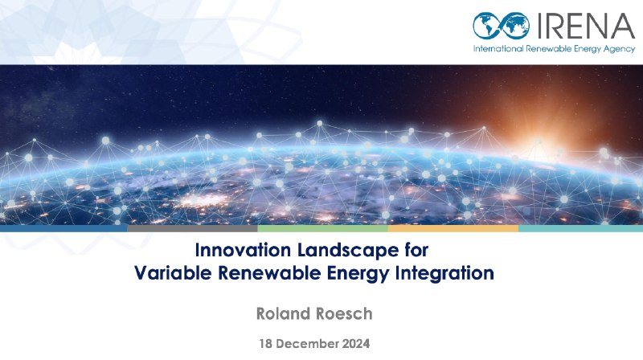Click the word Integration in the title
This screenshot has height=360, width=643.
click(x=444, y=273)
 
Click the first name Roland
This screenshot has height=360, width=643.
click(x=283, y=313)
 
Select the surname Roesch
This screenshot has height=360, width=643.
click(x=344, y=313)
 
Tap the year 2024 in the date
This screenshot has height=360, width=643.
click(x=356, y=344)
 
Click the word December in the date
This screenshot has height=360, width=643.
click(x=308, y=344)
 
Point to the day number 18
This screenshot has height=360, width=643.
click(x=266, y=344)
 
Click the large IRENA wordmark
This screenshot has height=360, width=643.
click(x=585, y=26)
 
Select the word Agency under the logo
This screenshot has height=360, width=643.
click(x=619, y=49)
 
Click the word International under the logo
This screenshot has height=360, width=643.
click(x=498, y=49)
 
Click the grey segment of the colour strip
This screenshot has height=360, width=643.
click(x=192, y=228)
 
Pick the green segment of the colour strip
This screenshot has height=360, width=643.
click(x=323, y=228)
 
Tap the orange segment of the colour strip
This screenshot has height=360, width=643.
click(x=453, y=228)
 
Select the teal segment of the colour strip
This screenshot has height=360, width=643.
click(x=580, y=228)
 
